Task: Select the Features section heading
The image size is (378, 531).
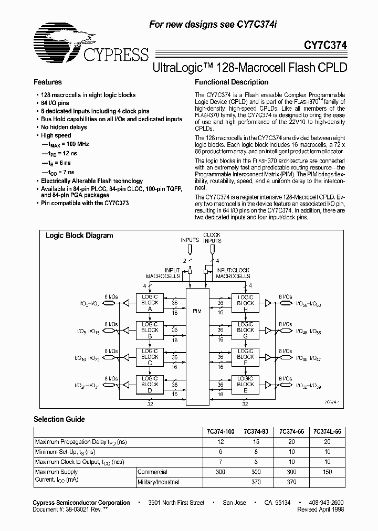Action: point(48,82)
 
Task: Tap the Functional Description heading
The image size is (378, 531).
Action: point(232,82)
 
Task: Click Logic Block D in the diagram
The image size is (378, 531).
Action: point(150,385)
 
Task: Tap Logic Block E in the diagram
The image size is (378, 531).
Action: point(245,385)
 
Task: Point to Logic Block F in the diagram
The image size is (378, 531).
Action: point(245,357)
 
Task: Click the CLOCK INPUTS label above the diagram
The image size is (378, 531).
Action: point(212,238)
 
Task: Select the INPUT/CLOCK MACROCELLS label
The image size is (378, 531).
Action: point(233,273)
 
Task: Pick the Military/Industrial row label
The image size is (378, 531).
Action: point(159,482)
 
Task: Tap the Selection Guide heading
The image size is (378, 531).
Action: point(59,420)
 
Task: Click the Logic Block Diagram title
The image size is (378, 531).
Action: point(79,236)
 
